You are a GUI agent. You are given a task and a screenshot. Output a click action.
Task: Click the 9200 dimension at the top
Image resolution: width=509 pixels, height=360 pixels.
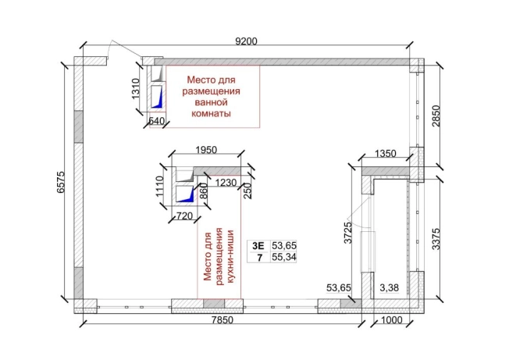pos(246,41)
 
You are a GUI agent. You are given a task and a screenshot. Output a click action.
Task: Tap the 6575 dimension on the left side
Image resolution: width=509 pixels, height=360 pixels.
pos(61,182)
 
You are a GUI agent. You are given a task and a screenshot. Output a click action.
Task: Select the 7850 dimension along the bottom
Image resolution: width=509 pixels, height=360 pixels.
pos(222,320)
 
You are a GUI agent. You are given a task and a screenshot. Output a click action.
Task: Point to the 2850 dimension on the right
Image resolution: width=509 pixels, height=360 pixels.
pos(436,116)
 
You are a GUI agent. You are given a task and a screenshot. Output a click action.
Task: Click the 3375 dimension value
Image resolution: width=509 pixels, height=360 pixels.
pos(436,239)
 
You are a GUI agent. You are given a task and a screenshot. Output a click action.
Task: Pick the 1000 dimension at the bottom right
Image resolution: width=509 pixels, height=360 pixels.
pos(391,320)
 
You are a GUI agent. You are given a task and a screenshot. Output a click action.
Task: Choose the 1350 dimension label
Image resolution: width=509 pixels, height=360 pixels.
pos(386,153)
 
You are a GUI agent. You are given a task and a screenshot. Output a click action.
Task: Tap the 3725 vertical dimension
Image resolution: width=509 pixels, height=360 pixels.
pos(348,233)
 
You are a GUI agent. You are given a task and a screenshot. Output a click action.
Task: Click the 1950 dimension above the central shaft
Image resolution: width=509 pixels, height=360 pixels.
pos(206,150)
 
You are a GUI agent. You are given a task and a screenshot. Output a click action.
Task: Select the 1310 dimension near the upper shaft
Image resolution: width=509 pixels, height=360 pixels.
pos(135,89)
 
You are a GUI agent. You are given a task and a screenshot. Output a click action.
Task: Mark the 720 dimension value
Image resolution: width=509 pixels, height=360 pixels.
pos(184,216)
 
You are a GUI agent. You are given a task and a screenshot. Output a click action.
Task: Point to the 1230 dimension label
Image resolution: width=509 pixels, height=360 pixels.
pos(226,183)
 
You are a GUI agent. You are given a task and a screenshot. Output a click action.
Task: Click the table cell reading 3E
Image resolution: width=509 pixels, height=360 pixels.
pos(258,246)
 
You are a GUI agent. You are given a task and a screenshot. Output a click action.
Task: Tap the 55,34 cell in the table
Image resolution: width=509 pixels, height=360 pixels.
pos(284,257)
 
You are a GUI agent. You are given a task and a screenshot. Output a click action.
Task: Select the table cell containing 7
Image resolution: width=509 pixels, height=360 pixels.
pos(259,258)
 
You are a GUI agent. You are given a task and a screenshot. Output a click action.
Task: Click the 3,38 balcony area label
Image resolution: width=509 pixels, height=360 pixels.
pos(389,287)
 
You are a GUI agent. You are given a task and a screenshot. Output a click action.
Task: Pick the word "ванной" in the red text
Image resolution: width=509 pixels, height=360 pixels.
pos(211,102)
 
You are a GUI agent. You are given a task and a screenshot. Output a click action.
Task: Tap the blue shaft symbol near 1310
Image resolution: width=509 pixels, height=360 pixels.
pos(158,97)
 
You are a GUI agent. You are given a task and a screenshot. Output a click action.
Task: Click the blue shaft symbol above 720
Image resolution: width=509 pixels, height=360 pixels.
pos(185,194)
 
